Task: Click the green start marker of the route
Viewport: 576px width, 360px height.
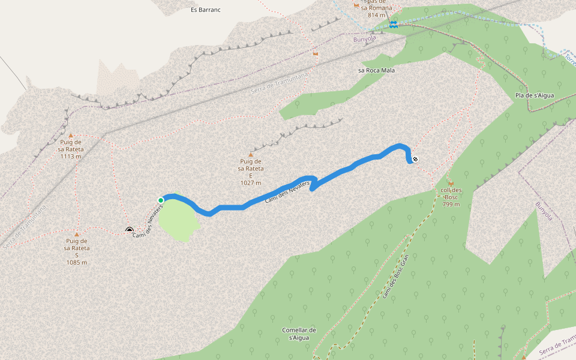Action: tap(161, 200)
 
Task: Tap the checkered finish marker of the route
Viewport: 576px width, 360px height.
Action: tap(415, 160)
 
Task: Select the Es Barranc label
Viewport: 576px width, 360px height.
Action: tap(202, 10)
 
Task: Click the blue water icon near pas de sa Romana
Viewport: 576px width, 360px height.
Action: tap(394, 24)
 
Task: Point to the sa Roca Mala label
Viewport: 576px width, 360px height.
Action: tap(376, 70)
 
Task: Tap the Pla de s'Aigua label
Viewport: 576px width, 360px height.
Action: tap(535, 95)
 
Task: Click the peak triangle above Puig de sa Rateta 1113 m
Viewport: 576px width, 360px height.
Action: tap(71, 136)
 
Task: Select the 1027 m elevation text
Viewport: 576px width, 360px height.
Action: tap(251, 182)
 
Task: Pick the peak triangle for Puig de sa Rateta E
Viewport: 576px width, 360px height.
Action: tap(251, 154)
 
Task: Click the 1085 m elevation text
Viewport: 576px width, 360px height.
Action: tap(77, 262)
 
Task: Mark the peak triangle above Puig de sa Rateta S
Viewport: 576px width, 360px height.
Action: tap(77, 234)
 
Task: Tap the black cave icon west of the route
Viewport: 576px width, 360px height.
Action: tap(129, 229)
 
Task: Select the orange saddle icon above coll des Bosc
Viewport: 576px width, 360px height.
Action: tap(451, 183)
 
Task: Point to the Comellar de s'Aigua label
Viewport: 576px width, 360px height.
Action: tap(299, 334)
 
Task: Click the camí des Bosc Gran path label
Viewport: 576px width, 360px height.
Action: tap(395, 276)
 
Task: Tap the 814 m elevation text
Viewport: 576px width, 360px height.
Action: tap(376, 15)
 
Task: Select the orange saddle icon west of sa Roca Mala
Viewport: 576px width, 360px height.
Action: tap(316, 53)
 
